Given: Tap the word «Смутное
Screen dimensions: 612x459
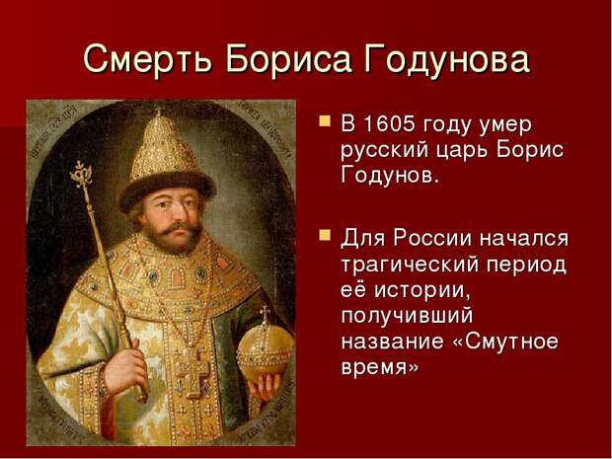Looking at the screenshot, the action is click(505, 342).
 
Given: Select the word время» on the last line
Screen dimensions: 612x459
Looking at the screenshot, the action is click(380, 367).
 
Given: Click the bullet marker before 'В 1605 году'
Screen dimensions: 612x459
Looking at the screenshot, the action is click(325, 120).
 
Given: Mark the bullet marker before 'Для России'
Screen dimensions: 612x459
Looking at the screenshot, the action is click(325, 235).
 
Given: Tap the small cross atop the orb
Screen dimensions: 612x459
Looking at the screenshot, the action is click(266, 313).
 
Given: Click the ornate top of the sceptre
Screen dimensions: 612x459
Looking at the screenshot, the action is click(82, 174).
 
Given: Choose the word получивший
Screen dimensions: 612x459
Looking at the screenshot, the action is click(407, 317).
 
